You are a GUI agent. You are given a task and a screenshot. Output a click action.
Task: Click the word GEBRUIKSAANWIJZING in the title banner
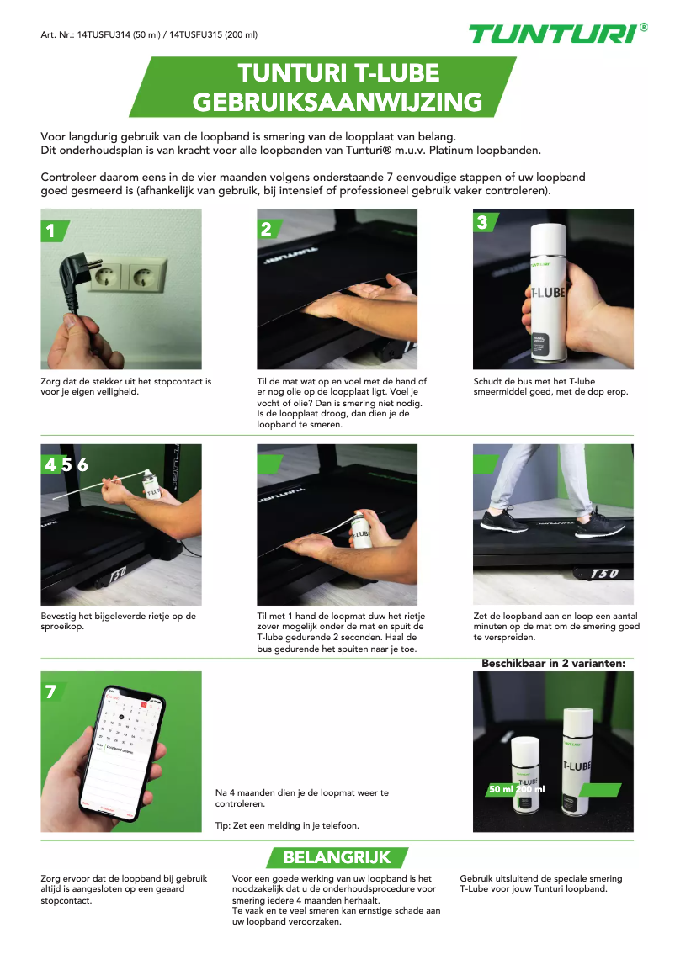point(337,102)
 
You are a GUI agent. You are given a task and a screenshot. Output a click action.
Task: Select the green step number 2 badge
point(267,229)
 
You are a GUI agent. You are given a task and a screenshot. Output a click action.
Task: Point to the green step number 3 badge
point(482,222)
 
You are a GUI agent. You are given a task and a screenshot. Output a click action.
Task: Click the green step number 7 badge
point(51,692)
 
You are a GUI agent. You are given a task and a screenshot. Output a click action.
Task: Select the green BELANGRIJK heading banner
point(337,857)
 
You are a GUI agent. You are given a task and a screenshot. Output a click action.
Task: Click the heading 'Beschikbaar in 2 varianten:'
point(553,664)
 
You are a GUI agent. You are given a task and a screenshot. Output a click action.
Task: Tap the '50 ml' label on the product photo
point(502,789)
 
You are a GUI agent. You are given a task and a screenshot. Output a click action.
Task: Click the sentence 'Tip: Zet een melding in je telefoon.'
point(287,825)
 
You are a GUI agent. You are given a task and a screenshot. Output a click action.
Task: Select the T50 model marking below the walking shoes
point(604,574)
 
